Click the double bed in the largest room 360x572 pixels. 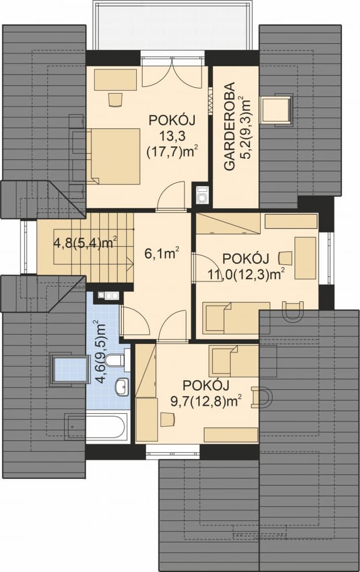click(x=113, y=155)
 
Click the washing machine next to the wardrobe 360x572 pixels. click(x=201, y=196)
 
